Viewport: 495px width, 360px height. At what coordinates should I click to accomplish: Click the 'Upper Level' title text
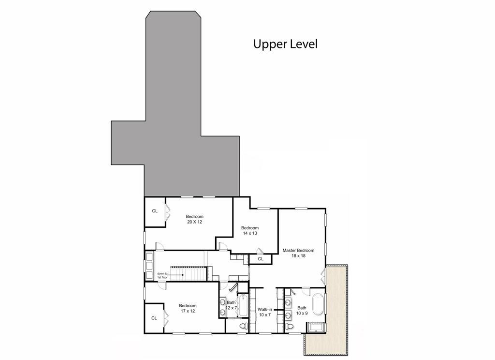click(285, 44)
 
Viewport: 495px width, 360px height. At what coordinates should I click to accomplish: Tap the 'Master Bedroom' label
click(298, 251)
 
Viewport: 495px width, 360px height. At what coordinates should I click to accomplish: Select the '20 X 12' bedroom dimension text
click(195, 222)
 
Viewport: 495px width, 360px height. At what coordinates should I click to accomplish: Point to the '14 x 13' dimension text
click(250, 234)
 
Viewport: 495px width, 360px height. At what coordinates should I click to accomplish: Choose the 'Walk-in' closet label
click(264, 309)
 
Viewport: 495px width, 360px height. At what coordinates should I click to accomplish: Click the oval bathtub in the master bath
click(318, 303)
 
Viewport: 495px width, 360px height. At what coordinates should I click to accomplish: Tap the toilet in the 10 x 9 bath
click(290, 327)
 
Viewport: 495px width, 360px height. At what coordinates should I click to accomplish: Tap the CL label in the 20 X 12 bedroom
click(155, 211)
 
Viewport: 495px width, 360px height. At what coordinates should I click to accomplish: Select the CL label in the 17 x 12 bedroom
click(154, 318)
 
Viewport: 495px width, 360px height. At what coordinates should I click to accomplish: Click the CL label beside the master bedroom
click(261, 259)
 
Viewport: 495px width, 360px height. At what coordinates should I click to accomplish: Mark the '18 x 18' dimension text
click(298, 256)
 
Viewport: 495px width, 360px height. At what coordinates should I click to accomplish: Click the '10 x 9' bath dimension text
click(302, 313)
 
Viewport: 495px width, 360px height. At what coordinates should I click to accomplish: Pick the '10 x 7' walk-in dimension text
click(264, 315)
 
